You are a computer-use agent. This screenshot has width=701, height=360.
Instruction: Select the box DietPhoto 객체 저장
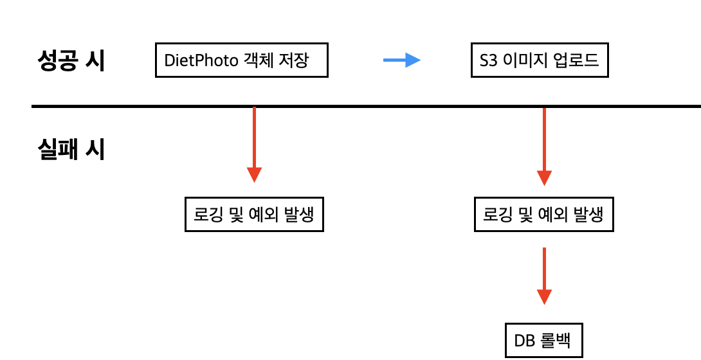(x=242, y=60)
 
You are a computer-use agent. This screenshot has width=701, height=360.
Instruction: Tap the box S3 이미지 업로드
(x=540, y=61)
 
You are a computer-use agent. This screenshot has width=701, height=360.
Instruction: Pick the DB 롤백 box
(x=543, y=339)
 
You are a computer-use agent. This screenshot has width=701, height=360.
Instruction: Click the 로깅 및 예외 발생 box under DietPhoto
(x=254, y=214)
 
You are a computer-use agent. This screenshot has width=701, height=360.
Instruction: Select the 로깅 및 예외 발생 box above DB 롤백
(x=544, y=214)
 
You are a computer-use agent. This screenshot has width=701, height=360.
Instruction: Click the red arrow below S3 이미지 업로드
(x=545, y=145)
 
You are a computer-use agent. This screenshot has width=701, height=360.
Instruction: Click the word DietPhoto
(x=200, y=61)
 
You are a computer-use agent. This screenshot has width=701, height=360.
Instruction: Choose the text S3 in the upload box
(x=488, y=61)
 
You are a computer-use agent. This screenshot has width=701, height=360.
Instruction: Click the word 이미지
(x=523, y=61)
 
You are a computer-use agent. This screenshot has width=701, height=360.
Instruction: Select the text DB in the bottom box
(x=525, y=339)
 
